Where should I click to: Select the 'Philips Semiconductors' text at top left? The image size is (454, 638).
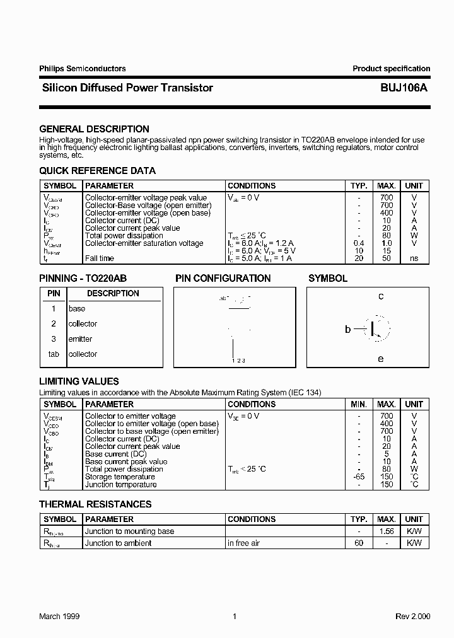click(82, 69)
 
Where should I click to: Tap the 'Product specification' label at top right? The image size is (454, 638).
click(391, 69)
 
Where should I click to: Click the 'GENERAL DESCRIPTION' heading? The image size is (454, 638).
click(94, 129)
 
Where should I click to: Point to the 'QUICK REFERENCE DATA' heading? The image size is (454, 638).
click(97, 171)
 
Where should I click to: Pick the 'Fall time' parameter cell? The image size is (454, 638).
click(100, 258)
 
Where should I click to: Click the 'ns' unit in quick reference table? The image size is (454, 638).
click(414, 258)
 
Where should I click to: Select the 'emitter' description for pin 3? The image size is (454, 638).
click(80, 339)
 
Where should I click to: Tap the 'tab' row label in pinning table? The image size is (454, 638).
click(54, 354)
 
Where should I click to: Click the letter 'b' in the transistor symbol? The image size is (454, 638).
click(347, 329)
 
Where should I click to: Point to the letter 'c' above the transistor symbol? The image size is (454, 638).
click(381, 296)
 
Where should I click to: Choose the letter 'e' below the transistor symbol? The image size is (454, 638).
click(381, 359)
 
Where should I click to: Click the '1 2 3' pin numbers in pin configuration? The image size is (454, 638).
click(238, 361)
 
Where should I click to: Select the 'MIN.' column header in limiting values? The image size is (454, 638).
click(359, 404)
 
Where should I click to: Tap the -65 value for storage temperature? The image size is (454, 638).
click(359, 477)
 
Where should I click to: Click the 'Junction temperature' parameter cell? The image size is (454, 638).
click(120, 484)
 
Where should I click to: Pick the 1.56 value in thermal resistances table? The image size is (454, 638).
click(387, 531)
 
